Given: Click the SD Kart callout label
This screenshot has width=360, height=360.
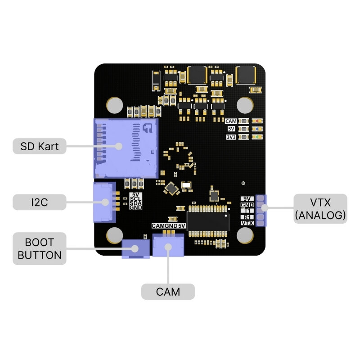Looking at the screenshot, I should (39, 146).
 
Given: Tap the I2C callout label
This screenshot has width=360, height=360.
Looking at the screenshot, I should (39, 202).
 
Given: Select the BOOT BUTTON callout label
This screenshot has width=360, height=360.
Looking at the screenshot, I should (39, 248).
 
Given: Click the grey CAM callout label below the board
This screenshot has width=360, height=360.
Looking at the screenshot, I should (168, 292).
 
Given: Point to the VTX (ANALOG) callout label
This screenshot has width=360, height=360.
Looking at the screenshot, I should (320, 208).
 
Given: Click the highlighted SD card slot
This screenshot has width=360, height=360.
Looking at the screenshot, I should (125, 148).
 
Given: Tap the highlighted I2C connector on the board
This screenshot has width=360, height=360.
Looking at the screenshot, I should (103, 202).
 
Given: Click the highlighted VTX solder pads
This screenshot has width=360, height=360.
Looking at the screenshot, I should (261, 210).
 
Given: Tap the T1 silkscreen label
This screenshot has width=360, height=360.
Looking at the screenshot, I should (247, 211).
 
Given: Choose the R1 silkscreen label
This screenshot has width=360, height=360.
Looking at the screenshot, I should (247, 217).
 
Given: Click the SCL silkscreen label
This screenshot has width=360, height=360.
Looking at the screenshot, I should (135, 198).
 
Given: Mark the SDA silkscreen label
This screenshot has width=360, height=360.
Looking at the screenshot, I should (135, 203).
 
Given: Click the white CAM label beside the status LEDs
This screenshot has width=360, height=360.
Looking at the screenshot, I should (231, 121).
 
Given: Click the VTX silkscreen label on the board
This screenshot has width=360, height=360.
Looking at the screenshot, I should (247, 223).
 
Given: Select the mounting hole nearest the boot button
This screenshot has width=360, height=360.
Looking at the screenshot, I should (115, 235).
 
